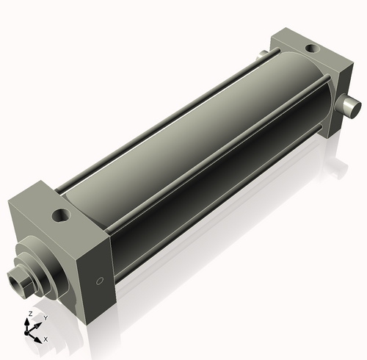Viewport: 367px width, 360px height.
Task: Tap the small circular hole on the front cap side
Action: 101,281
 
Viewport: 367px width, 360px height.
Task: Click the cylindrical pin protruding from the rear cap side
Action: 349,107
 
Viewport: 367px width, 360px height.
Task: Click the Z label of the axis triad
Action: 29,314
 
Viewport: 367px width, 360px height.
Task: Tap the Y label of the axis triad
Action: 45,317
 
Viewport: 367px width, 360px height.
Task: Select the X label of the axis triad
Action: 46,339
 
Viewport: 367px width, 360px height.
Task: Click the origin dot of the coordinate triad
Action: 30,331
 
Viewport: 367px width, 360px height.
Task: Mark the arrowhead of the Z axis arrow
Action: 29,320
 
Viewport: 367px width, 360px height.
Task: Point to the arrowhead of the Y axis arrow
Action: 40,323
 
